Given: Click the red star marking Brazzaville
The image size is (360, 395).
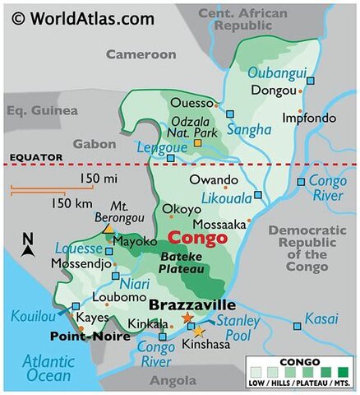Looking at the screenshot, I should [x=187, y=318].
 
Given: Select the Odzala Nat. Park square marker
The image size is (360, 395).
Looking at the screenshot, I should [x=197, y=144].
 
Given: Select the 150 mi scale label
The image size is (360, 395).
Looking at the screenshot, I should [x=98, y=179].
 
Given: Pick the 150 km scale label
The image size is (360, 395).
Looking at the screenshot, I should [x=70, y=203].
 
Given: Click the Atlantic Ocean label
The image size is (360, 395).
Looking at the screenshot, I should [x=48, y=367].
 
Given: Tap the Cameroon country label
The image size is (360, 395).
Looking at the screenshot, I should [x=141, y=54].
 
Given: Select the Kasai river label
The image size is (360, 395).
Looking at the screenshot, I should [x=321, y=318].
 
